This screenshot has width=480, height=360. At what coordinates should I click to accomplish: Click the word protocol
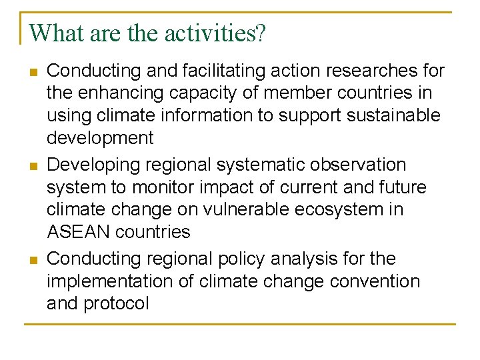pos(116,304)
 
